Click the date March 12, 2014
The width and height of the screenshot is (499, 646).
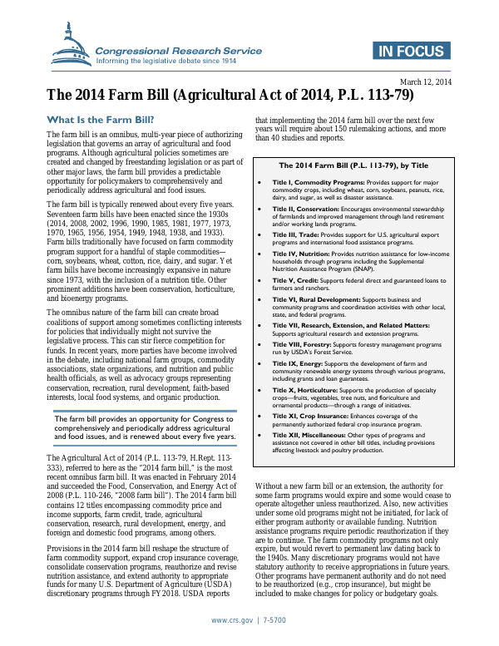pos(427,81)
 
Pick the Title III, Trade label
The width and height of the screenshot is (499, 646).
pos(297,237)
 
